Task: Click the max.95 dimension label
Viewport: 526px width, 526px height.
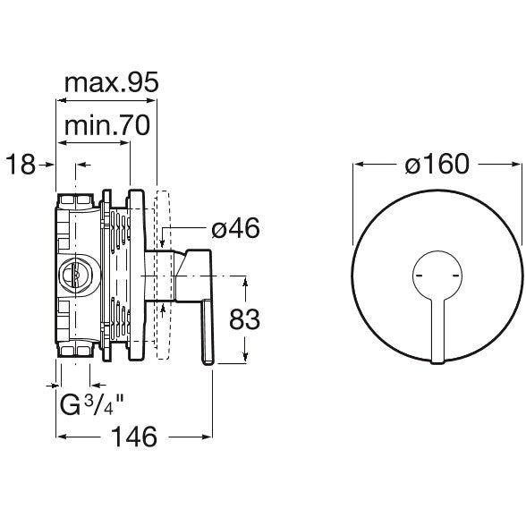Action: click(x=111, y=83)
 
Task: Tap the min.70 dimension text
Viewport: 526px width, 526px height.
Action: click(x=107, y=125)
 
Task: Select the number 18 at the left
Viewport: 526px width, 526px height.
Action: click(x=21, y=165)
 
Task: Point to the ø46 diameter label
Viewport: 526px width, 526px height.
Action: click(x=235, y=228)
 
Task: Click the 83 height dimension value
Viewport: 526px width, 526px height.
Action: click(x=244, y=319)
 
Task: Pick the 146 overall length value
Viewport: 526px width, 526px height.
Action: click(x=134, y=437)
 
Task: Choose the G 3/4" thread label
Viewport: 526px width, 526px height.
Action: click(x=91, y=404)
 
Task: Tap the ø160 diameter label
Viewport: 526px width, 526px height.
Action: click(x=437, y=164)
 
